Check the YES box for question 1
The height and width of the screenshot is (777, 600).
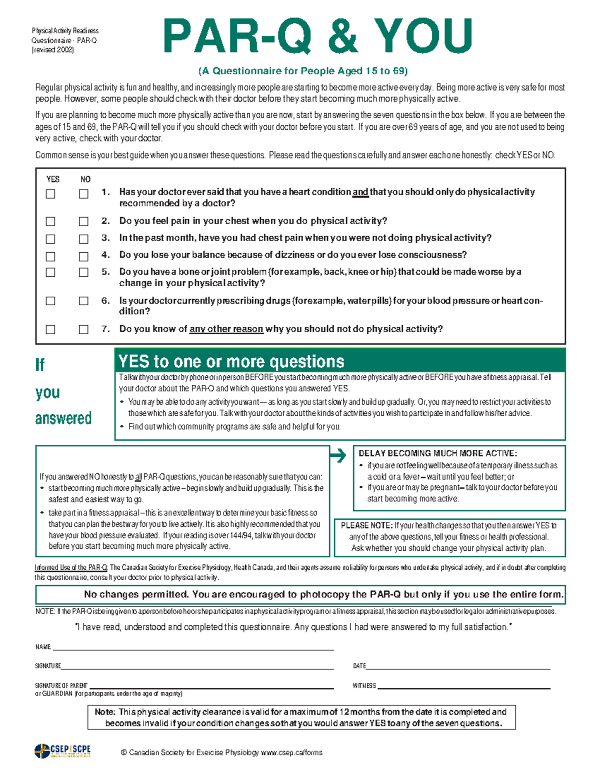pos(50,194)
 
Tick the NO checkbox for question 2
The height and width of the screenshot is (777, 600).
pos(83,221)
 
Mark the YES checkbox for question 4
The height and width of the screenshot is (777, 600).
pos(50,257)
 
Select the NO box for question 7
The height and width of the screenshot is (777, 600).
pos(83,329)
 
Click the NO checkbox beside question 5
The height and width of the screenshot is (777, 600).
pos(83,273)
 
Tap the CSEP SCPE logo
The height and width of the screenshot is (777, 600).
pos(63,751)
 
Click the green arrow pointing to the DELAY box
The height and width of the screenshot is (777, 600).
pos(338,455)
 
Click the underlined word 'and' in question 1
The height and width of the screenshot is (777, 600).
pos(360,192)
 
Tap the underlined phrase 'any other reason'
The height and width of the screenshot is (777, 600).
pos(226,329)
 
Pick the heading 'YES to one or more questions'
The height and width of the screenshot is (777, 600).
pos(231,362)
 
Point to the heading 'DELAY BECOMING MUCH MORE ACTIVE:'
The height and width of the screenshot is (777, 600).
pos(437,453)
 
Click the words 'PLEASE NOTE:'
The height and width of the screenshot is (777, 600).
pos(366,526)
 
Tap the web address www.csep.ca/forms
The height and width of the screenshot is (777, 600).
pos(291,752)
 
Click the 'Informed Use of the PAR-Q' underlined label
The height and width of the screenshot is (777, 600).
pos(71,568)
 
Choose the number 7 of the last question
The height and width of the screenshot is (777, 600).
pos(105,329)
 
